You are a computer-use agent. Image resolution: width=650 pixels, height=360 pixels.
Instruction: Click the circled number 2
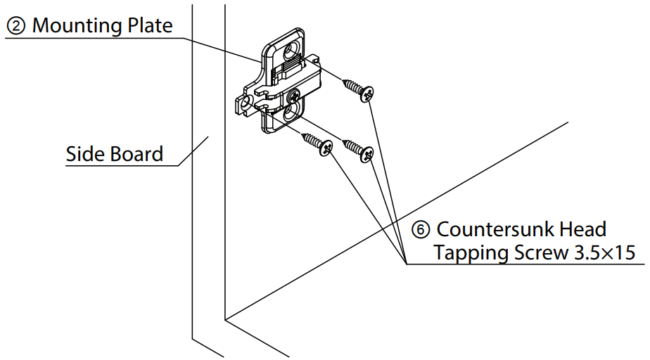[x=16, y=26]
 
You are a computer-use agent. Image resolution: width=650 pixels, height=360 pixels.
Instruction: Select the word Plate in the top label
[x=148, y=26]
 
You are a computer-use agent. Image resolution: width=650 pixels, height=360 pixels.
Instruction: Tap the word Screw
[x=539, y=253]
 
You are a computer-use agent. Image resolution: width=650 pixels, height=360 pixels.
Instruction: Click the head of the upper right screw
[x=366, y=94]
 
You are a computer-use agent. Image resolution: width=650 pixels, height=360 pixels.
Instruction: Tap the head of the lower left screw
[x=325, y=148]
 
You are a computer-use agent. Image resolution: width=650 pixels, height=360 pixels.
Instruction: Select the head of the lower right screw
[x=366, y=154]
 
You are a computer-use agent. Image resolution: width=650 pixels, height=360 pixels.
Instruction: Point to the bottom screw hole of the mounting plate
[x=290, y=112]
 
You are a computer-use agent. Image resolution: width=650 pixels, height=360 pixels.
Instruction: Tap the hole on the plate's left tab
[x=246, y=103]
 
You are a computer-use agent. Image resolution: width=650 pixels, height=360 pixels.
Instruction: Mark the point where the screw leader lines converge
[x=407, y=264]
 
